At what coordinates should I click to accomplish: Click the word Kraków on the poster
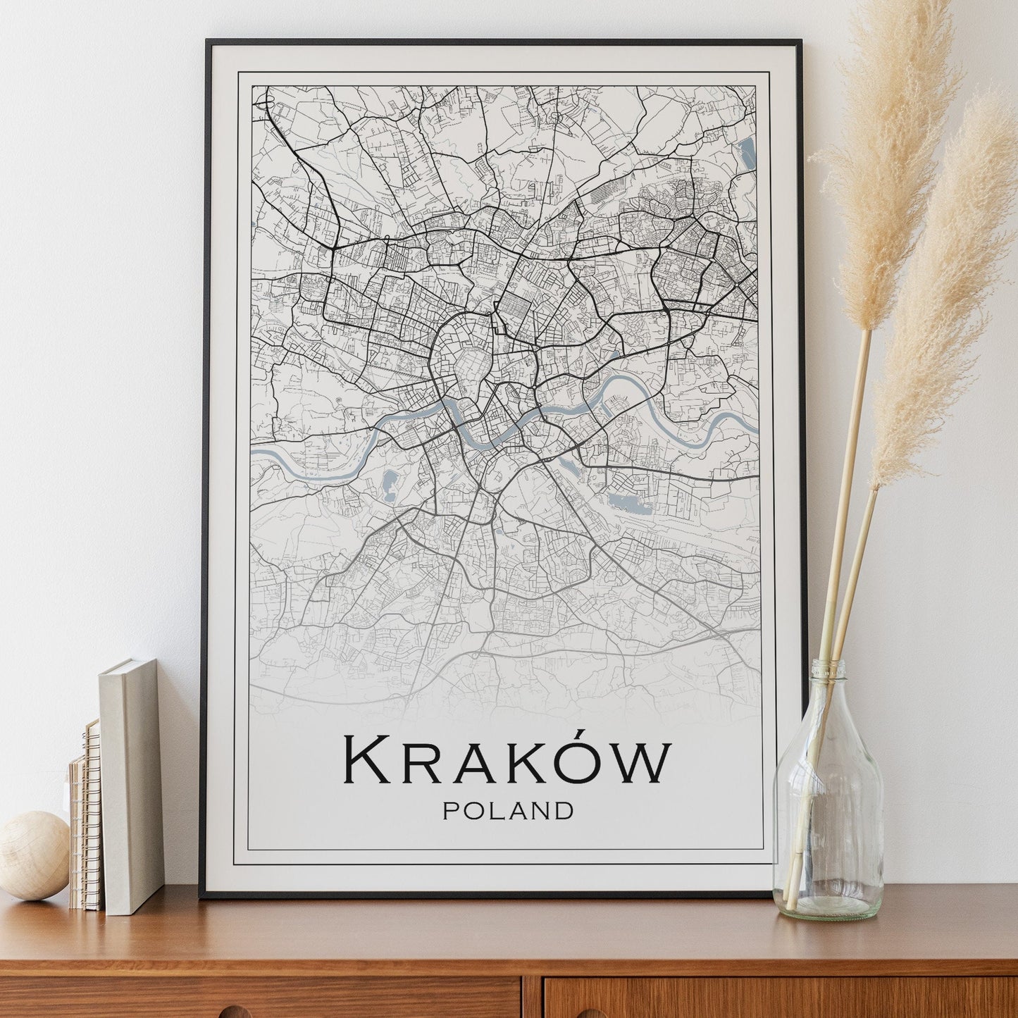pyautogui.click(x=507, y=761)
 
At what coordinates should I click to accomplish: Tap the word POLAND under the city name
pyautogui.click(x=507, y=811)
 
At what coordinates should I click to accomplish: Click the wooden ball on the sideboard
pyautogui.click(x=34, y=855)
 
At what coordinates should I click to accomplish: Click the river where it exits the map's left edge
pyautogui.click(x=255, y=453)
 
